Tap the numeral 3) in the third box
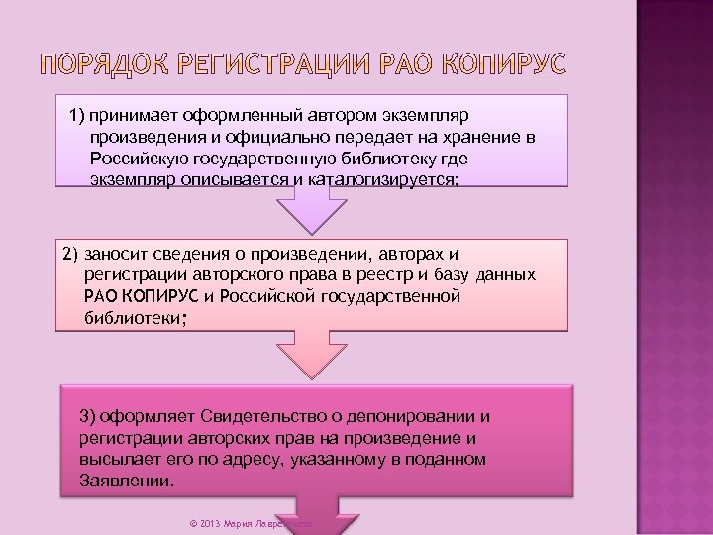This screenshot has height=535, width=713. coord(88,415)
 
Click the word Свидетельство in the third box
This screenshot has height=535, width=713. coord(262,415)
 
